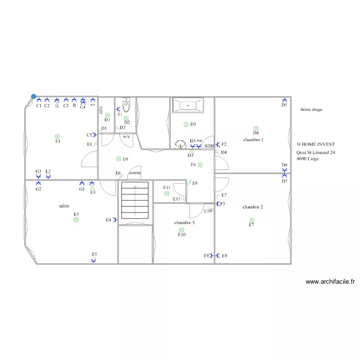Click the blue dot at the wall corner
[x=34, y=96]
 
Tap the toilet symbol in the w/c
[x=127, y=105]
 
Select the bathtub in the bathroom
[x=188, y=104]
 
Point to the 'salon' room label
[x=64, y=206]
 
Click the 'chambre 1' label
[x=253, y=140]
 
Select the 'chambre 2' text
[x=252, y=207]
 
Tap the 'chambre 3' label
[x=184, y=223]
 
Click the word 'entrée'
[x=135, y=173]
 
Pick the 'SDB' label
[x=209, y=146]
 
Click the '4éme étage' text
[x=311, y=109]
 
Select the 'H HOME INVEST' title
[x=316, y=144]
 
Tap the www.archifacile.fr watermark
[x=330, y=282]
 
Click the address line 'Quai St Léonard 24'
[x=316, y=152]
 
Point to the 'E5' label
[x=95, y=254]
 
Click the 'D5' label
[x=284, y=105]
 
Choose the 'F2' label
[x=224, y=144]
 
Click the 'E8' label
[x=224, y=256]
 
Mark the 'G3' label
[x=38, y=171]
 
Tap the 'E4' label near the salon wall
[x=108, y=220]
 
